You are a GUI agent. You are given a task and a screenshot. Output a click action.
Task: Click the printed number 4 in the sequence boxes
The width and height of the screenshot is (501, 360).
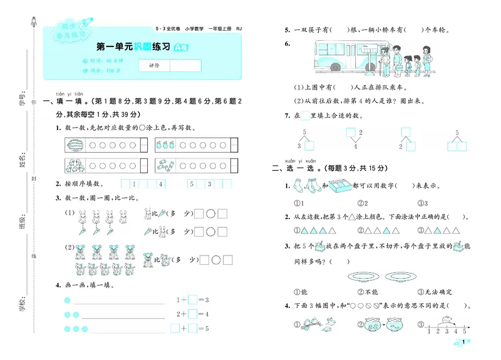pyautogui.click(x=160, y=185)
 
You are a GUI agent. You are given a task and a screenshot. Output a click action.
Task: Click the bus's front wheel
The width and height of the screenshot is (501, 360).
pyautogui.click(x=335, y=66)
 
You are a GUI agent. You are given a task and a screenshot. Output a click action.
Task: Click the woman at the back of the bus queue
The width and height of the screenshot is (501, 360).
pyautogui.click(x=428, y=59)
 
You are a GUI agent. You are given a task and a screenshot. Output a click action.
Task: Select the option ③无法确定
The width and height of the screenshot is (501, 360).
pyautogui.click(x=435, y=292)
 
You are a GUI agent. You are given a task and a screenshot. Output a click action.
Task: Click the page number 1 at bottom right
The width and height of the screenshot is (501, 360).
pyautogui.click(x=462, y=342)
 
